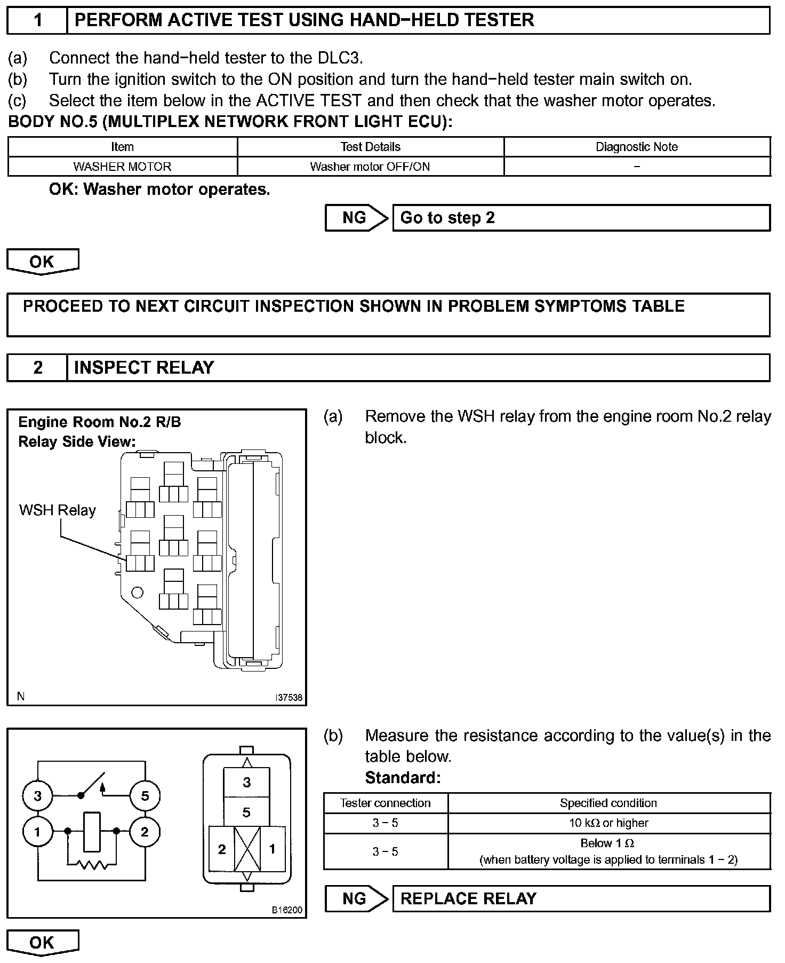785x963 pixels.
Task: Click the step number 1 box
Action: click(x=37, y=20)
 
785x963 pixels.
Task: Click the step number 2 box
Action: click(x=37, y=367)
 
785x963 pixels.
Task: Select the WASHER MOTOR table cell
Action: click(x=122, y=167)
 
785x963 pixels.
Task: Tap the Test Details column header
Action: click(x=370, y=147)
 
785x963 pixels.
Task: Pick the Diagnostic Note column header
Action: click(x=637, y=147)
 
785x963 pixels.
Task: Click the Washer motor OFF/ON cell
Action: click(x=370, y=167)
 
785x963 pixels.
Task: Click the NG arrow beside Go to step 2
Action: click(x=356, y=218)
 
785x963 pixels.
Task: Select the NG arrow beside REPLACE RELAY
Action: click(x=356, y=898)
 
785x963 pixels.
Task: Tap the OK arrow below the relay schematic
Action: click(x=42, y=943)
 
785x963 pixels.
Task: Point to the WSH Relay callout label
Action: click(x=57, y=510)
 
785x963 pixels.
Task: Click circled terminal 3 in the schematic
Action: click(x=37, y=796)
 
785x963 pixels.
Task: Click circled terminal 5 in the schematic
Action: click(x=145, y=796)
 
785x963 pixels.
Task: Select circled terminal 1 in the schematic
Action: click(x=37, y=832)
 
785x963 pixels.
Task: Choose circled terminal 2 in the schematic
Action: click(x=145, y=832)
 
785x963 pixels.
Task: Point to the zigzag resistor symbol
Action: click(x=92, y=864)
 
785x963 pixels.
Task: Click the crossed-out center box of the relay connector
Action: click(x=247, y=849)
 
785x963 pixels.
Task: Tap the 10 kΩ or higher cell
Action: click(x=608, y=823)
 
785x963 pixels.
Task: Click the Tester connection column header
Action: click(x=385, y=803)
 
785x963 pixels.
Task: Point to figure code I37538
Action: click(x=289, y=697)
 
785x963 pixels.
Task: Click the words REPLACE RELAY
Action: click(x=468, y=898)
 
